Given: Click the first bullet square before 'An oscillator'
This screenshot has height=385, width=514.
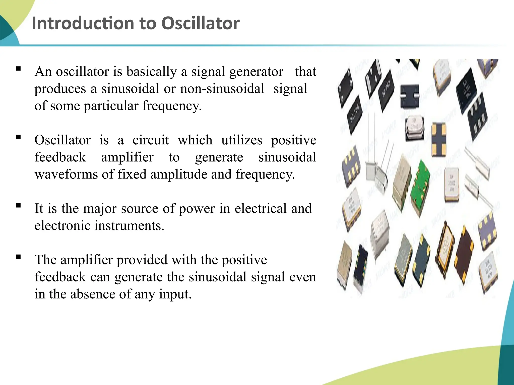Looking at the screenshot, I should pos(18,68).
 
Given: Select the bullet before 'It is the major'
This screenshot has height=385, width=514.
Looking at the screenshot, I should pos(18,206).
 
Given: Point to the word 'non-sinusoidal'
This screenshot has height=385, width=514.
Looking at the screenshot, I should pos(222,89).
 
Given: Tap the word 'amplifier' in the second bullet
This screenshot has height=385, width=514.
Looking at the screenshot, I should pos(127,157).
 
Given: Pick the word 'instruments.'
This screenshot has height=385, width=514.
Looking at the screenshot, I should pos(129,226).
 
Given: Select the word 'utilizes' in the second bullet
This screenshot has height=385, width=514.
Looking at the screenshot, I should pos(241,140).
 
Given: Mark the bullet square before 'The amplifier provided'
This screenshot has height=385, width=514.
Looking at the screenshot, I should pos(18,257).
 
